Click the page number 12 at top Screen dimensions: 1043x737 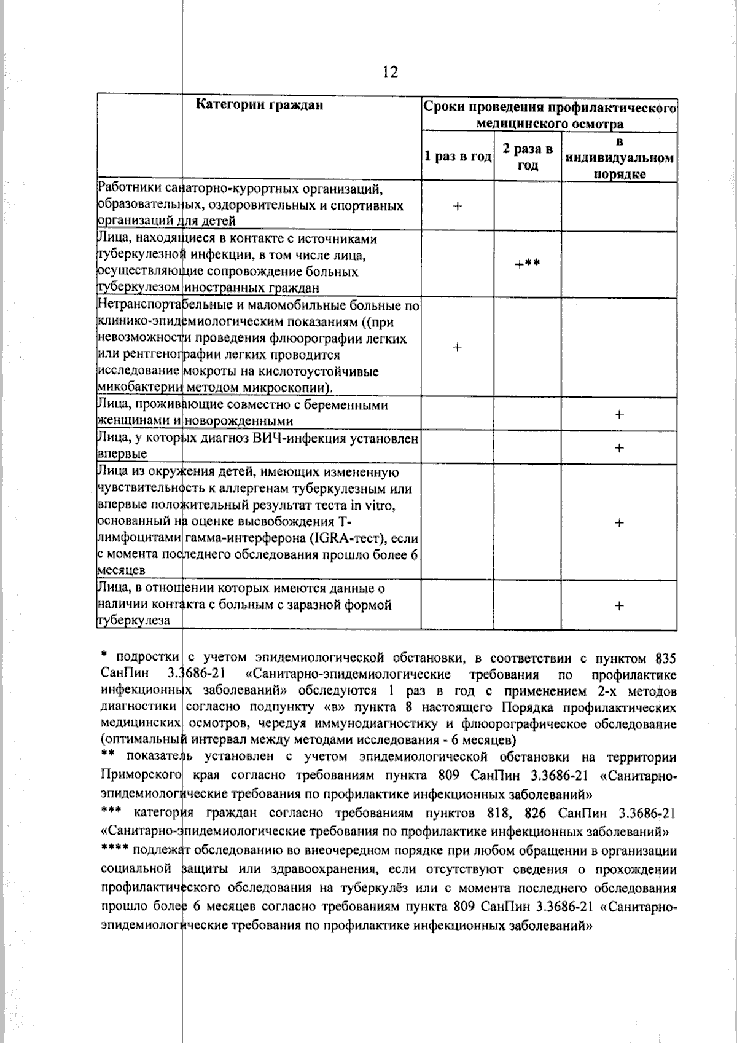(x=390, y=73)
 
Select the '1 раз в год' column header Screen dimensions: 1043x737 (x=458, y=157)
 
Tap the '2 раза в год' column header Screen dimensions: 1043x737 (x=528, y=157)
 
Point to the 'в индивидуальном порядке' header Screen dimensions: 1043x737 (x=620, y=158)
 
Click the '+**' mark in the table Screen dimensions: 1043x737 (x=528, y=264)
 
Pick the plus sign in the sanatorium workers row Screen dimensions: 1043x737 (x=458, y=206)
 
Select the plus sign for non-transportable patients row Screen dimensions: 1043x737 (x=458, y=347)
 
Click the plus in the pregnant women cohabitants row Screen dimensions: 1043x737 (x=619, y=414)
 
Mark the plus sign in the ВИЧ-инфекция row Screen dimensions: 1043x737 (x=619, y=447)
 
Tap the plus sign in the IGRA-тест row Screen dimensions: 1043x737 (x=619, y=522)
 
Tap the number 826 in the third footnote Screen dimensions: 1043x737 (x=536, y=813)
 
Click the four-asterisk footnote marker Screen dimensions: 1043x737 (x=114, y=851)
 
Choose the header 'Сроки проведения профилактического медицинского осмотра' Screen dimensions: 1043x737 (x=550, y=115)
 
